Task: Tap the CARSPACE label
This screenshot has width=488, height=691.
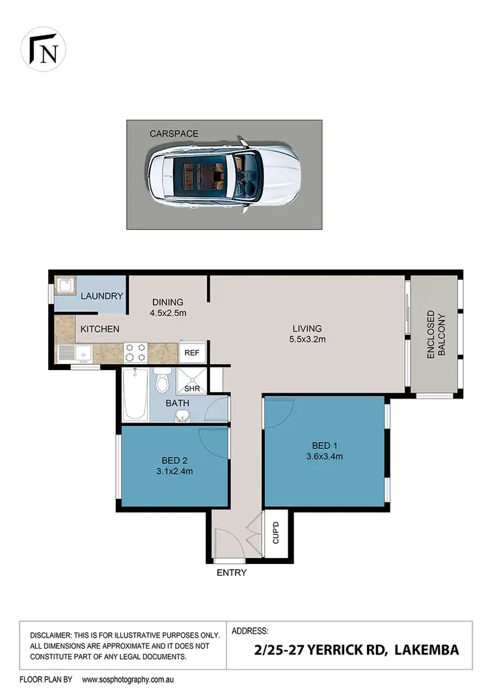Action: [174, 134]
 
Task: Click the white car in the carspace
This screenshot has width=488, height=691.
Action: [224, 175]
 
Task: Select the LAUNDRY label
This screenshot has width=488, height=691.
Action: [102, 296]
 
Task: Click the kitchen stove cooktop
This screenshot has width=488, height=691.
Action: [135, 352]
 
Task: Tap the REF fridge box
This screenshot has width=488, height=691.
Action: [193, 353]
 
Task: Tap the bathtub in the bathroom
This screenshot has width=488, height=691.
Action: [135, 395]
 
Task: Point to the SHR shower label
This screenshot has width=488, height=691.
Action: [192, 388]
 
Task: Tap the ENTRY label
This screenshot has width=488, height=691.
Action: [232, 573]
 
